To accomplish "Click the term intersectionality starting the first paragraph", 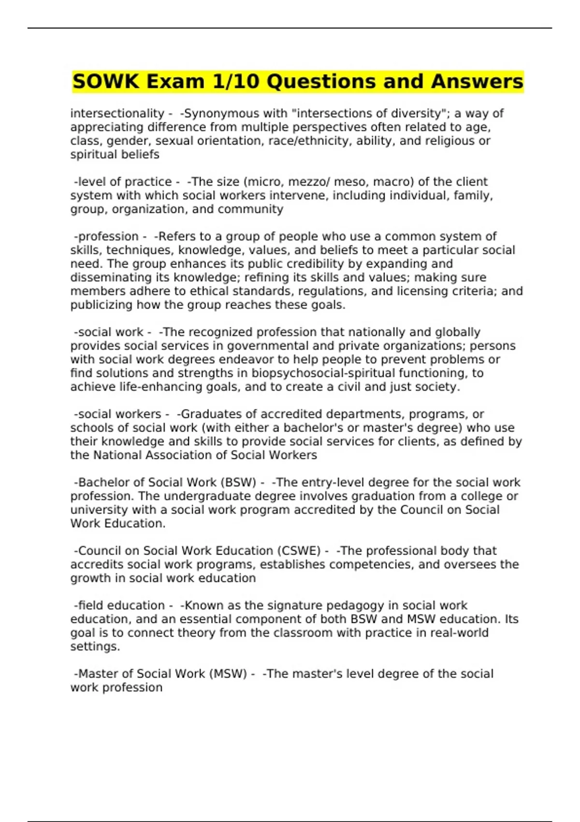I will click(117, 114).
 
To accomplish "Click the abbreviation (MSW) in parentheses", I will click(228, 674).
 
